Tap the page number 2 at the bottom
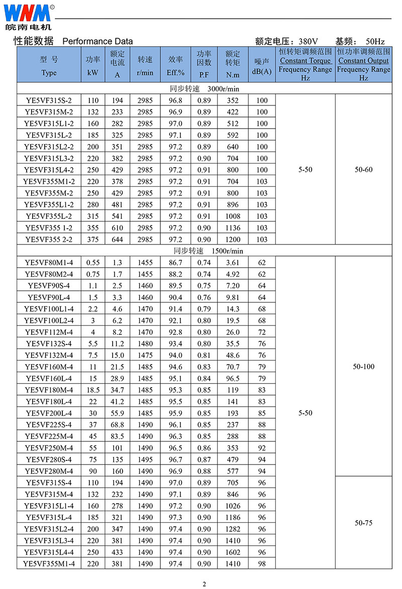(x=204, y=583)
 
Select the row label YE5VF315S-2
(x=49, y=100)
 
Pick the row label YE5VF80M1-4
(x=49, y=263)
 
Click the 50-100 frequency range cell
(x=364, y=367)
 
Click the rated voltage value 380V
(x=308, y=41)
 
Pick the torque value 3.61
(x=233, y=263)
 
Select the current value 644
(x=117, y=240)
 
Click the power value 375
(x=92, y=240)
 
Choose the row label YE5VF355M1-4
(x=49, y=564)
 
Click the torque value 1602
(x=233, y=552)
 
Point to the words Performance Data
(x=97, y=41)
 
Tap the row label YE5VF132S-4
(x=49, y=343)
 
